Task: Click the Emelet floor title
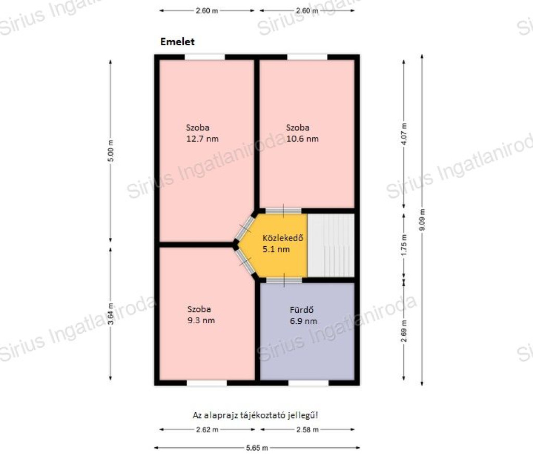coord(177,42)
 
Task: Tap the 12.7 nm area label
coord(202,139)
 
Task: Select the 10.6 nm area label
coord(302,139)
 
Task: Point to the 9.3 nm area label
coord(201,320)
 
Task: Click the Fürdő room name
coord(301,310)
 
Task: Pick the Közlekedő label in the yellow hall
coord(283,238)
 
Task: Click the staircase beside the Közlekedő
coord(331,245)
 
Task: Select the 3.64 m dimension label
coord(111,313)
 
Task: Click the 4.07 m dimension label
coord(404,134)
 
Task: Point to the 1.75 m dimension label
coord(404,245)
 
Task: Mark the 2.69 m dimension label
coord(404,331)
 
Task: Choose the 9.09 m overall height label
coord(422,219)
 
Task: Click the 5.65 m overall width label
coord(257,448)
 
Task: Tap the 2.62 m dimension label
coord(207,429)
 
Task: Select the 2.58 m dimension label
coord(307,429)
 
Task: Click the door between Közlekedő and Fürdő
coord(284,280)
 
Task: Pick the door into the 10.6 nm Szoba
coord(283,211)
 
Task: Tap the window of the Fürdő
coord(308,383)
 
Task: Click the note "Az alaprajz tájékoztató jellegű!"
coord(255,415)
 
